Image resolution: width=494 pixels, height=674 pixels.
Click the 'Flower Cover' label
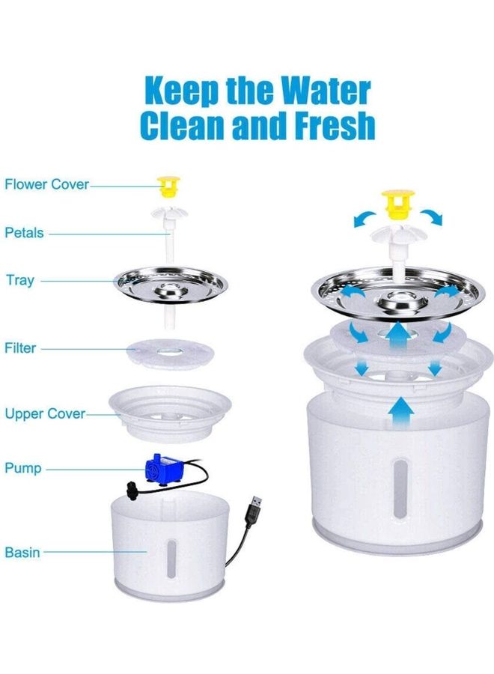coord(46,184)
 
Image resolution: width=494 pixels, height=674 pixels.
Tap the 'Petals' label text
coord(25,233)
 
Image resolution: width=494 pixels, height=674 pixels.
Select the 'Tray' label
coord(19,281)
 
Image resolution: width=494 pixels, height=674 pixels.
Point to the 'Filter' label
coord(20,348)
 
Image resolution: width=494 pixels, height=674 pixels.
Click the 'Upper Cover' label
coord(45,413)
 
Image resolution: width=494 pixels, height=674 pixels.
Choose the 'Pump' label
coord(22,469)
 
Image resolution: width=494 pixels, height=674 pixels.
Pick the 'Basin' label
coord(22,553)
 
